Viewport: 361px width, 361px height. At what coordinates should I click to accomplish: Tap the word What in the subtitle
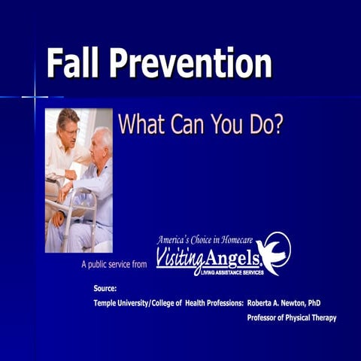click(x=144, y=124)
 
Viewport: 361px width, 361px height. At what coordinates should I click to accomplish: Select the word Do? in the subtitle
click(x=267, y=124)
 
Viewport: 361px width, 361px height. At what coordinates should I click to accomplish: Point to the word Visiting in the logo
click(x=181, y=259)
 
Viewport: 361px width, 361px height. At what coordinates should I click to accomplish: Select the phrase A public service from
click(x=115, y=265)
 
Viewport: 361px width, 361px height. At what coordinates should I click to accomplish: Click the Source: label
click(x=105, y=288)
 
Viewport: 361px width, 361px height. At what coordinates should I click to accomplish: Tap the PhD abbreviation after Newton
click(x=314, y=302)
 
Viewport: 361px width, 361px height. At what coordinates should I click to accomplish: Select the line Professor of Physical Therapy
click(x=291, y=318)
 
